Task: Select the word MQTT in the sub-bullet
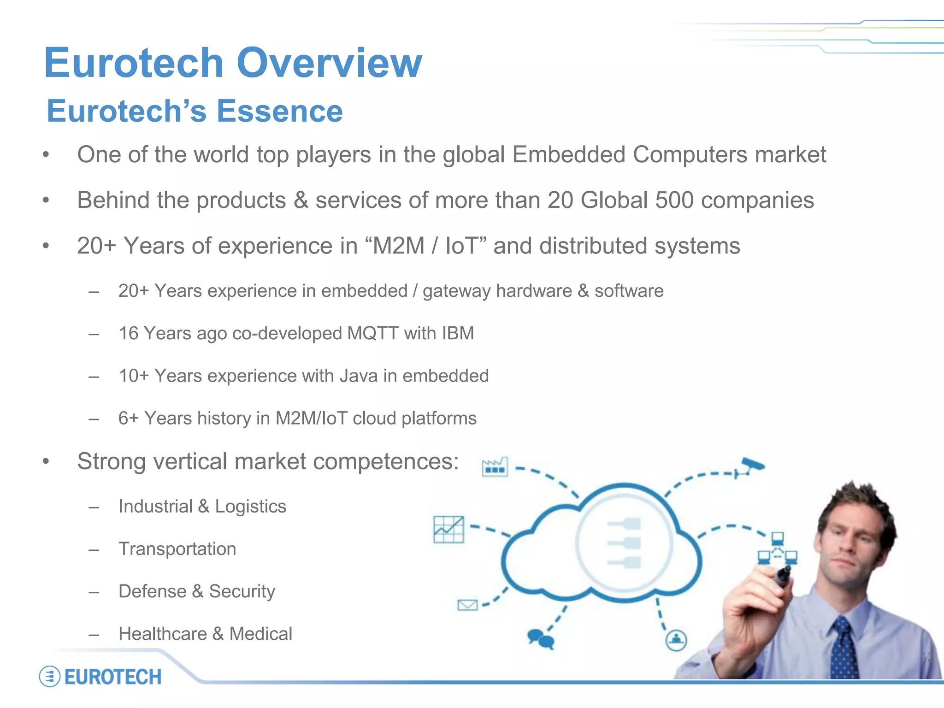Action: pos(372,333)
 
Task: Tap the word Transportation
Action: pos(177,549)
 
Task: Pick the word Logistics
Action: pos(250,507)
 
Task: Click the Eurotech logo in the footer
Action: pos(100,677)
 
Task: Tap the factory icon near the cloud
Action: pos(495,466)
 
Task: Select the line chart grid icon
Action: pos(448,530)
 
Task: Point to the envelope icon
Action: pos(467,604)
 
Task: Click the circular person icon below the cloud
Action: pos(676,640)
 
